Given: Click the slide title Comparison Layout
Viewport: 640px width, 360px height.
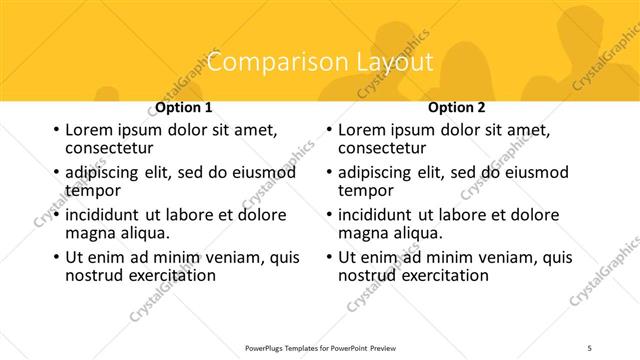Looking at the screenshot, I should [x=319, y=62].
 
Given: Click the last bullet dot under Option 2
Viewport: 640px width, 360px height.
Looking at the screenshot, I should [x=328, y=257].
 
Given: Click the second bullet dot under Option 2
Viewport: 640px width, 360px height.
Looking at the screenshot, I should [x=328, y=173].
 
